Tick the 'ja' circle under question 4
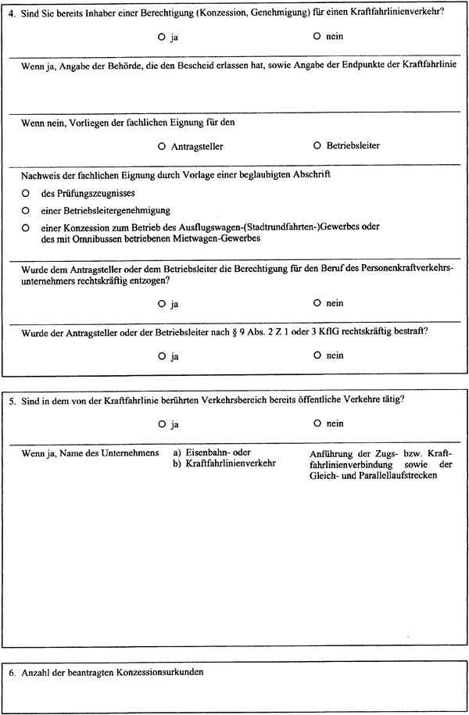[161, 37]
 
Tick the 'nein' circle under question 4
[317, 37]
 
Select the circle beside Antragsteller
[161, 146]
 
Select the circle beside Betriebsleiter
[317, 146]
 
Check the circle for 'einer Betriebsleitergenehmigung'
[26, 210]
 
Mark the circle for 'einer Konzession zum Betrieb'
[26, 227]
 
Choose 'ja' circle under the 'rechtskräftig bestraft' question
[161, 356]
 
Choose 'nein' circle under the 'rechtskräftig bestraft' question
[317, 356]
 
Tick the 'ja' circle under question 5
[161, 424]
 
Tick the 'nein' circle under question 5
[317, 424]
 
